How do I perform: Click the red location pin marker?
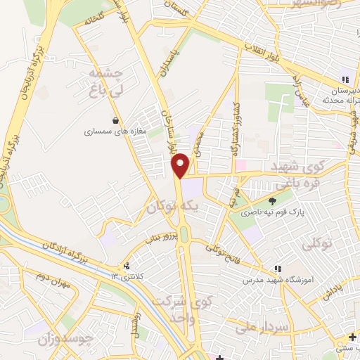pyautogui.click(x=181, y=165)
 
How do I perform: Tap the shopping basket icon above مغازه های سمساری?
pyautogui.click(x=115, y=120)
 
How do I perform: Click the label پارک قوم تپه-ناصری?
pyautogui.click(x=268, y=212)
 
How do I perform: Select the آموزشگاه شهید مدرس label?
pyautogui.click(x=278, y=279)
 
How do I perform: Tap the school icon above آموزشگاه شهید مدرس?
pyautogui.click(x=278, y=268)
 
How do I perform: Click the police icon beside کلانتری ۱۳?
pyautogui.click(x=127, y=266)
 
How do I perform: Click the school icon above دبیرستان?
pyautogui.click(x=345, y=79)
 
